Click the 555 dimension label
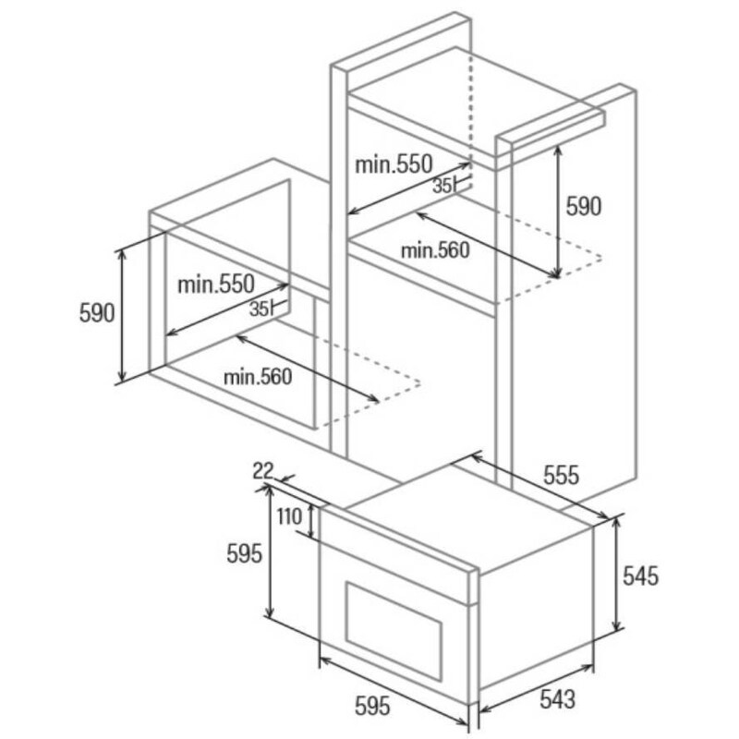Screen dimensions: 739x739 (561, 475)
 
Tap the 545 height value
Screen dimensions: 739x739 (640, 575)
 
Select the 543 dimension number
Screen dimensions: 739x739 (558, 699)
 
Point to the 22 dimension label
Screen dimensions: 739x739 (263, 471)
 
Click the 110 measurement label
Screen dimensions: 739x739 (289, 516)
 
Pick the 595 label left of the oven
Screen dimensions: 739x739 (244, 553)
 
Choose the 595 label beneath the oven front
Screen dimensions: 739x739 (372, 706)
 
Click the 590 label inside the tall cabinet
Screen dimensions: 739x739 (584, 206)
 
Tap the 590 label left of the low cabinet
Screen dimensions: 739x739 (97, 313)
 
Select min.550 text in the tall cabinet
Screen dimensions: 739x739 (394, 164)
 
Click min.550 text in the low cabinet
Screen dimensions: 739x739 (216, 285)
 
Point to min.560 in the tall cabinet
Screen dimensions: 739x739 (435, 249)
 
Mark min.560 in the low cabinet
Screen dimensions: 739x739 (258, 377)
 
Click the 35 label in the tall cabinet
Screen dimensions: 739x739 (442, 187)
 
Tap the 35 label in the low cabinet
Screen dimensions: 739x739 (259, 309)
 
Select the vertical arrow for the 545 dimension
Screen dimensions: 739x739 (616, 574)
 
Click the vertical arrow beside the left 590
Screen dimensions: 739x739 (122, 315)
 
